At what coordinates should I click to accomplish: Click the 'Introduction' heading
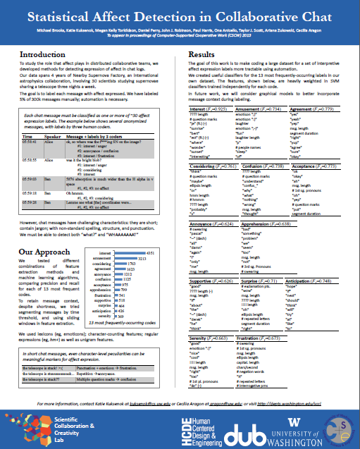(48, 54)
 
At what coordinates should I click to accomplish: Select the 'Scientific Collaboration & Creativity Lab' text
(75, 425)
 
